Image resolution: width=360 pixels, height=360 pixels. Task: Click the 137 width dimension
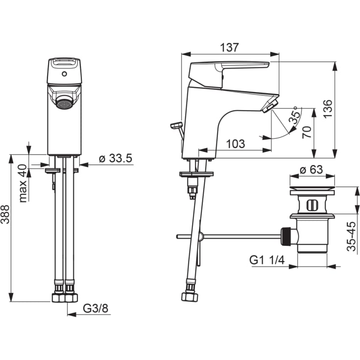pyautogui.click(x=229, y=48)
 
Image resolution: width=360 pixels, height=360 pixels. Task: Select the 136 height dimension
pyautogui.click(x=328, y=109)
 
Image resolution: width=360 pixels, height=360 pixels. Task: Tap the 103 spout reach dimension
pyautogui.click(x=236, y=144)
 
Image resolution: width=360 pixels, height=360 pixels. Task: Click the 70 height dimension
pyautogui.click(x=307, y=132)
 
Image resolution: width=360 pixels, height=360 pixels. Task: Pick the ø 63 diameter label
pyautogui.click(x=312, y=169)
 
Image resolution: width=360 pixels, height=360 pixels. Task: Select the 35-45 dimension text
pyautogui.click(x=351, y=236)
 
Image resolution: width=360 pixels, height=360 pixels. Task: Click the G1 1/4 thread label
pyautogui.click(x=267, y=260)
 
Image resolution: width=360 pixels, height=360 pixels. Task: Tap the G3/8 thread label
pyautogui.click(x=96, y=309)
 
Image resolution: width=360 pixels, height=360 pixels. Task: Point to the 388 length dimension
pyautogui.click(x=5, y=214)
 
